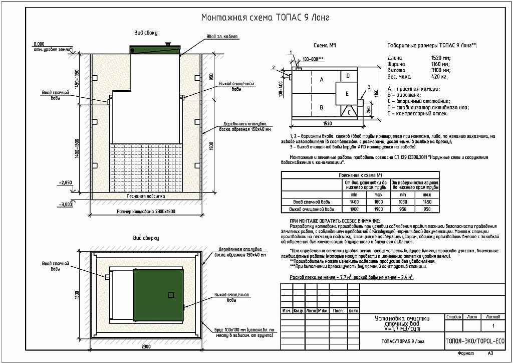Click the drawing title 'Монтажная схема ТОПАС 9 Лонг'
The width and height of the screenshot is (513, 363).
pyautogui.click(x=265, y=18)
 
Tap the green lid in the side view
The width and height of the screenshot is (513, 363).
pyautogui.click(x=155, y=49)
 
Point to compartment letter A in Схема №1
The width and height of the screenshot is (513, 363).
pyautogui.click(x=322, y=80)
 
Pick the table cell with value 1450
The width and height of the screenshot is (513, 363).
pyautogui.click(x=427, y=201)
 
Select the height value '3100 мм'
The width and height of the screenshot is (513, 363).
pyautogui.click(x=439, y=71)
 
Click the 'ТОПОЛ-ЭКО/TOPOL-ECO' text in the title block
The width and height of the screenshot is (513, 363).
pyautogui.click(x=475, y=341)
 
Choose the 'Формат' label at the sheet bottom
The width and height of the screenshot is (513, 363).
pyautogui.click(x=465, y=353)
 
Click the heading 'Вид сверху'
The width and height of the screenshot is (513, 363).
pyautogui.click(x=146, y=238)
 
